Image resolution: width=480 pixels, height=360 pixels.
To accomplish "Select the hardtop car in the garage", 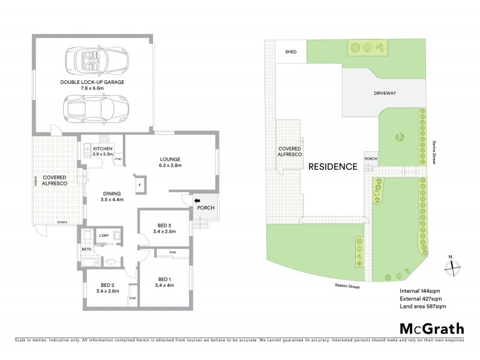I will [91, 108].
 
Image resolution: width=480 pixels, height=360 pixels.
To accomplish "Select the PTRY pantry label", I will [119, 159].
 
